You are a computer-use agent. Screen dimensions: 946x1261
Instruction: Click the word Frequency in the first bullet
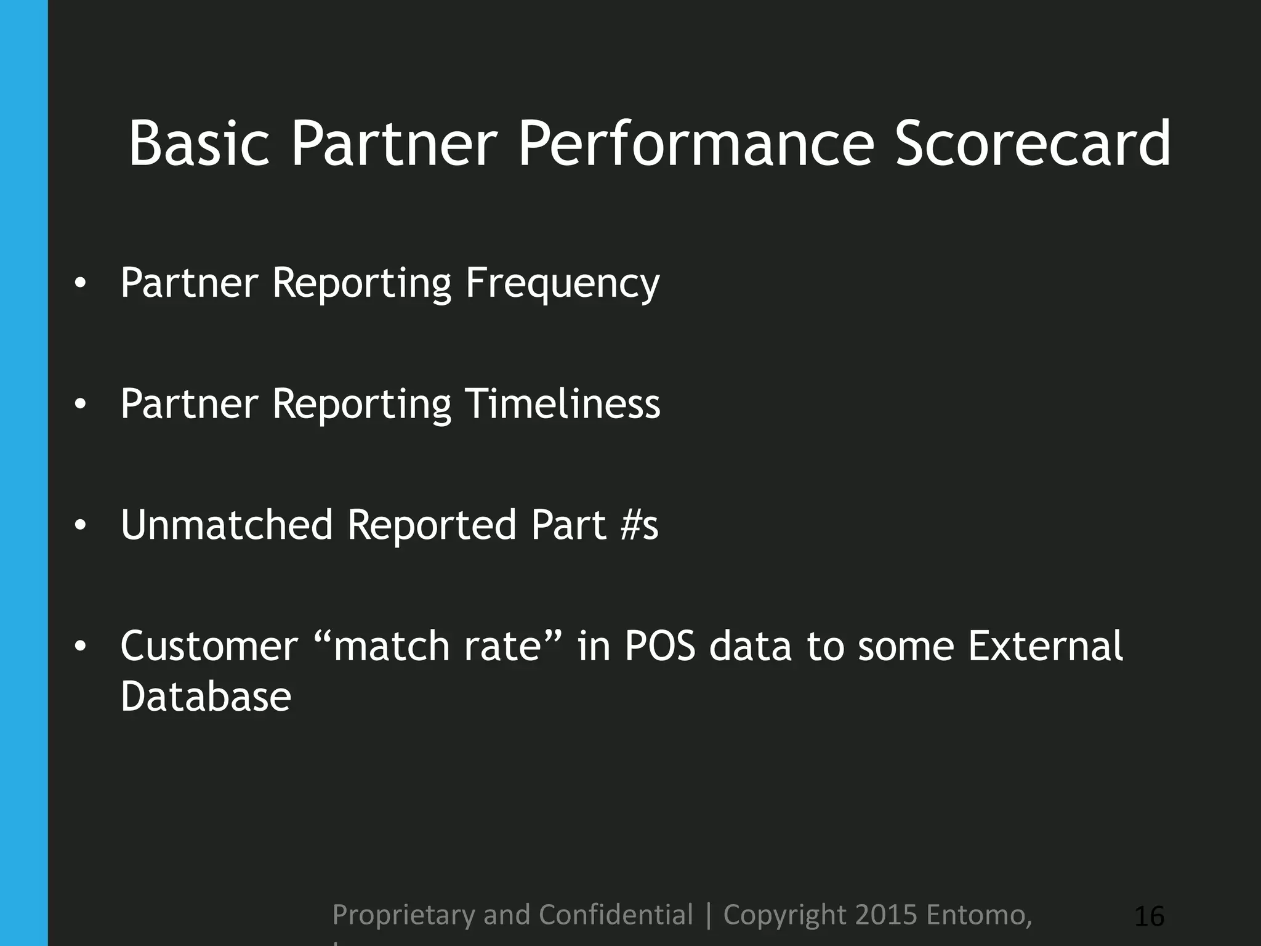[x=562, y=283]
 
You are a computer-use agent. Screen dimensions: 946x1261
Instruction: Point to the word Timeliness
[x=562, y=404]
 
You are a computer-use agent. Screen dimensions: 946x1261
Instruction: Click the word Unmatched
[x=227, y=525]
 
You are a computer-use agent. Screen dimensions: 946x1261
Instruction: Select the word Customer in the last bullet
[x=209, y=647]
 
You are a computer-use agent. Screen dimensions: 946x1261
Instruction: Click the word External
[x=1045, y=647]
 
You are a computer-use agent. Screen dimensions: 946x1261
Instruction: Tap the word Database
[x=206, y=697]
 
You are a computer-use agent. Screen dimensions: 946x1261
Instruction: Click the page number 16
[x=1149, y=916]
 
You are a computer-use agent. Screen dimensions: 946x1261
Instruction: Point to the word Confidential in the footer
[x=616, y=915]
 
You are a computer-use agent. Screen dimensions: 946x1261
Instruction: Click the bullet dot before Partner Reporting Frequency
[x=79, y=284]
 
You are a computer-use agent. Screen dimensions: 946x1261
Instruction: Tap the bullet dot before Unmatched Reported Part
[x=79, y=525]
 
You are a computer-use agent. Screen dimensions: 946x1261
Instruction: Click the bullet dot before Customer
[x=79, y=647]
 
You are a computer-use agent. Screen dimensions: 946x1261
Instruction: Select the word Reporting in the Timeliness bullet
[x=361, y=404]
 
